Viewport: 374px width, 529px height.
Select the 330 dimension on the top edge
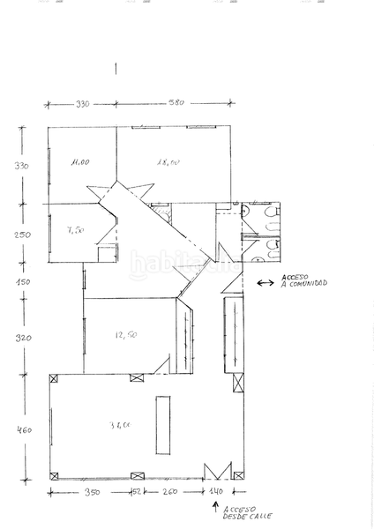[82, 105]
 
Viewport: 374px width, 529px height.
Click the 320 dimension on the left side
[24, 338]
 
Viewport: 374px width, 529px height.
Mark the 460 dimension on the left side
[25, 430]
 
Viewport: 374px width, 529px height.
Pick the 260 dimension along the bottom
[168, 492]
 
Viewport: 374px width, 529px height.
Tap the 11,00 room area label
[81, 162]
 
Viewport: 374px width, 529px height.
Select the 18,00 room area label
[168, 162]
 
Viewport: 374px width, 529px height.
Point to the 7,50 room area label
[76, 230]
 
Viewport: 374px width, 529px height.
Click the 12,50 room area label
[124, 334]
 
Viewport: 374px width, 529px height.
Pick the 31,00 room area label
[121, 425]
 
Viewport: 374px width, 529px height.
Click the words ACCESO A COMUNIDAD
[303, 284]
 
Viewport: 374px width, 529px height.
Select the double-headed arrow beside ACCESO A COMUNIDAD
[265, 283]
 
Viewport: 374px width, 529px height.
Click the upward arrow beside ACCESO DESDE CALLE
[213, 509]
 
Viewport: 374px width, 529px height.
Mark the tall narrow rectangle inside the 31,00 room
[162, 424]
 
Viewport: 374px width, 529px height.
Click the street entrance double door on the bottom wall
[217, 471]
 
